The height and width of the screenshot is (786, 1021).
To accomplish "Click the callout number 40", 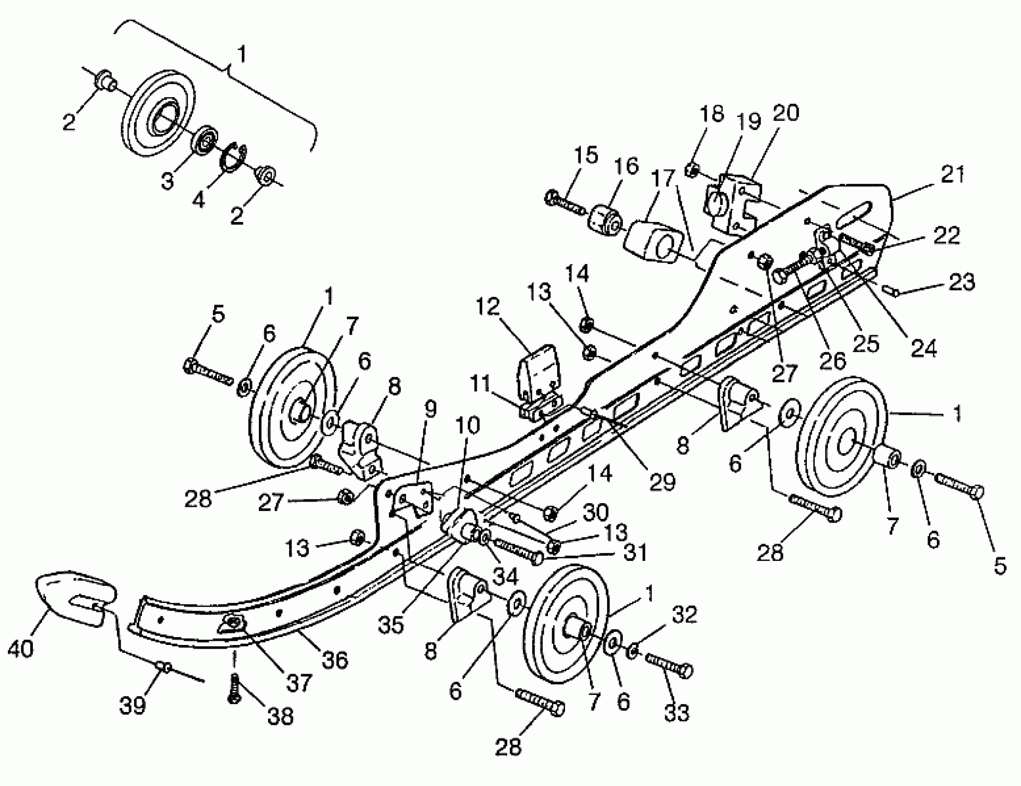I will click(20, 649).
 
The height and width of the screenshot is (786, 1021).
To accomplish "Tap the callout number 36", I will click(335, 660).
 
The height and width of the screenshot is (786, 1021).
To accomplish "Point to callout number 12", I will click(488, 307).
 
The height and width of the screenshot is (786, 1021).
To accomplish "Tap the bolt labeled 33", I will click(669, 665).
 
